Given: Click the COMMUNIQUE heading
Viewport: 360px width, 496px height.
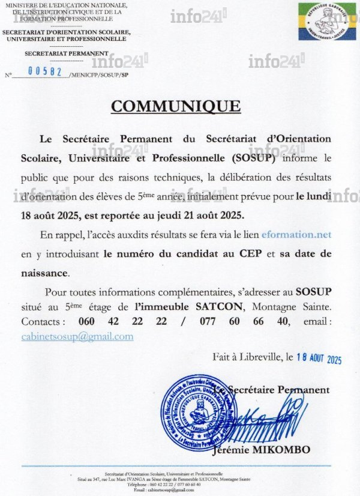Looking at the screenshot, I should pos(176,106).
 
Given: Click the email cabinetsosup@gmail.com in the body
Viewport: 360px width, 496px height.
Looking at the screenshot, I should pos(77,336).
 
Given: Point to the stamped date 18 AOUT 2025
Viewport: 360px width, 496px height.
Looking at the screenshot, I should pos(319,359).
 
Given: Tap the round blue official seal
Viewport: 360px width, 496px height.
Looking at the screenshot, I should pos(201,411).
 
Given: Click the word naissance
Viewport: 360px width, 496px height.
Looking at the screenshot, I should pos(44,273).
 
